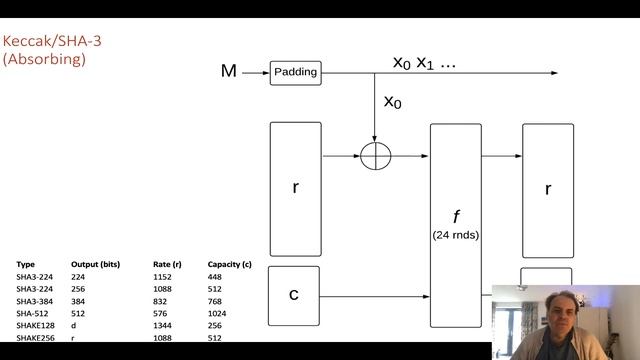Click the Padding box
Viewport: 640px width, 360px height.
(294, 72)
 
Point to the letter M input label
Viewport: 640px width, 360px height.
(229, 71)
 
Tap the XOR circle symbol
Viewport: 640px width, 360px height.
(375, 157)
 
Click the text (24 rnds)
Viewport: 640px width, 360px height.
(455, 235)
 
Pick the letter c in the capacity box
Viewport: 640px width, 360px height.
(294, 294)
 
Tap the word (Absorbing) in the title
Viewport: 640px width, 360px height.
(44, 59)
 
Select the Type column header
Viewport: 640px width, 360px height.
(25, 265)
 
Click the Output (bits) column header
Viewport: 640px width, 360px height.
(95, 265)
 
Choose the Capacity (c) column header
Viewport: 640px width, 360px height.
(229, 265)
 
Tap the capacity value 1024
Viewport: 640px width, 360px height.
(217, 313)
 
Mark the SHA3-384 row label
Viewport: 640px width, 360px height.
(35, 301)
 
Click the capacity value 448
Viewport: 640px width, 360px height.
(215, 277)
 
